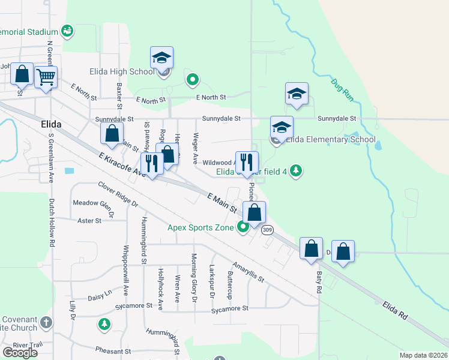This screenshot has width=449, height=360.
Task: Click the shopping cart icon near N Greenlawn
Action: coord(46,76)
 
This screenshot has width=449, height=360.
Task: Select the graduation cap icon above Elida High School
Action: coord(161,58)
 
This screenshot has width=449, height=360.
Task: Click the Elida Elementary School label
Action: coord(322,140)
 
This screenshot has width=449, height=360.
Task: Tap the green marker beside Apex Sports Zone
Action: coord(243,227)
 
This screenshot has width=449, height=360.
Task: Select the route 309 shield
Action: coord(267,230)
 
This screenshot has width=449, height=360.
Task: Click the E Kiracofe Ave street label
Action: coord(122,164)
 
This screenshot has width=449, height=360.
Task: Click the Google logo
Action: coord(20,353)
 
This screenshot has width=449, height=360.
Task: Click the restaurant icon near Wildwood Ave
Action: coord(247,161)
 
